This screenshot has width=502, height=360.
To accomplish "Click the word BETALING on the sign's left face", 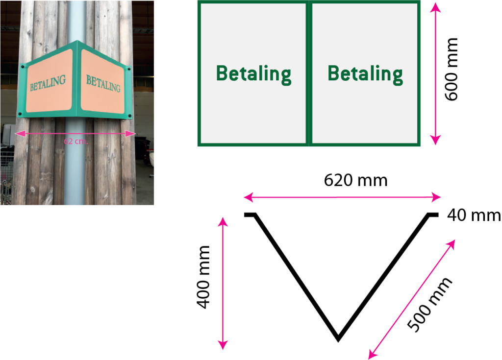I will point(48,83).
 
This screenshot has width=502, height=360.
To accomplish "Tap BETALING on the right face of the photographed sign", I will point(103,83).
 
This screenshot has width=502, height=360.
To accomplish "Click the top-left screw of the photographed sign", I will point(21,67).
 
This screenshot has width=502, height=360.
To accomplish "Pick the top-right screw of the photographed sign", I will point(129,69).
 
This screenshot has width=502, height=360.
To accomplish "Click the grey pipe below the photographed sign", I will point(75,167).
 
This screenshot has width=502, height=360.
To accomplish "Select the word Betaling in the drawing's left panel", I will point(253,74).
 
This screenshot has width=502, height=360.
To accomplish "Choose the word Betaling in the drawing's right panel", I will point(365,74).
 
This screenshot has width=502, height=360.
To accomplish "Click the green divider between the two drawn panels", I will point(309,73).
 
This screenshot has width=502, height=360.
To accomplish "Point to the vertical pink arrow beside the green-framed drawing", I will point(435,73).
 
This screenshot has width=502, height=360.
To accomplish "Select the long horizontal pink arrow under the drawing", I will point(342,197).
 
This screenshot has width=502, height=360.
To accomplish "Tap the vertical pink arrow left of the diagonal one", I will point(223,283).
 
